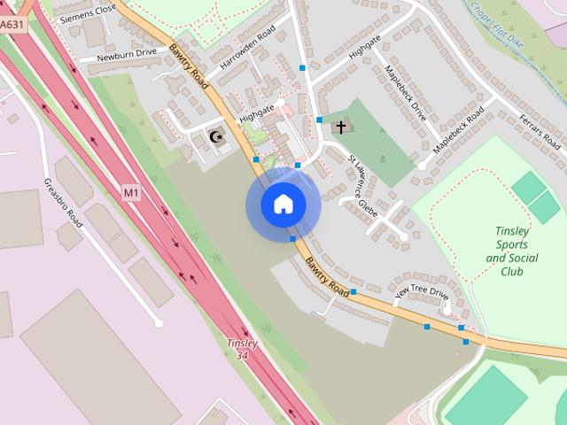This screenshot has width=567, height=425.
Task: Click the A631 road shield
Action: click(12, 26)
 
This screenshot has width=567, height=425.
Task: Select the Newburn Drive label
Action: click(126, 53)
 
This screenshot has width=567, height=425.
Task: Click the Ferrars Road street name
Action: click(540, 131)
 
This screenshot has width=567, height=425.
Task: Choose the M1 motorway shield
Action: click(131, 192)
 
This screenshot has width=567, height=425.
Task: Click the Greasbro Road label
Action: click(63, 203)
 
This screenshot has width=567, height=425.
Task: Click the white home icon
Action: click(283, 205)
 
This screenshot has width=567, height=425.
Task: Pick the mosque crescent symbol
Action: click(215, 137)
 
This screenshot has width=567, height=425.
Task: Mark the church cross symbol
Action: click(339, 127)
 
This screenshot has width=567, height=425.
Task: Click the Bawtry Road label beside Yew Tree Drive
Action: click(327, 276)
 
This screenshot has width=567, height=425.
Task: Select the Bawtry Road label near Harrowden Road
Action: click(189, 67)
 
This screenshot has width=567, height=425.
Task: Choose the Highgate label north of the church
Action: click(364, 51)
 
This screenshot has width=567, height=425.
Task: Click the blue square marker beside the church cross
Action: click(319, 120)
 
